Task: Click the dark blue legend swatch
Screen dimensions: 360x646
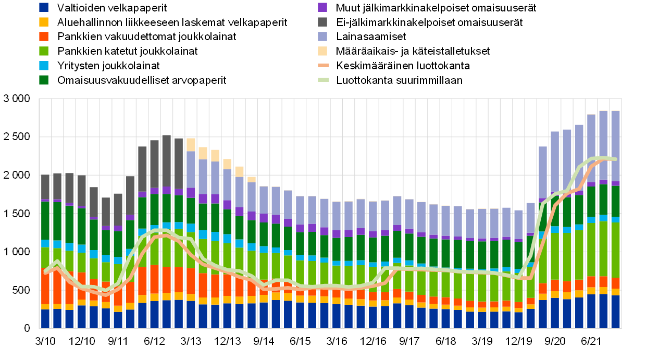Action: tap(44, 7)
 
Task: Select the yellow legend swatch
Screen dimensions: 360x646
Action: tap(44, 22)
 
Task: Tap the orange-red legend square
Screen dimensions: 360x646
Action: tap(44, 36)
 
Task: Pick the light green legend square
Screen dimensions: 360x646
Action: tap(44, 51)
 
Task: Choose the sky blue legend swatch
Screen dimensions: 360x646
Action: tap(44, 66)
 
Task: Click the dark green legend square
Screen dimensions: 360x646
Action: tap(44, 80)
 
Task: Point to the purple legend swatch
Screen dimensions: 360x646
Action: tap(322, 7)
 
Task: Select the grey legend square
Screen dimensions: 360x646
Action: tap(322, 22)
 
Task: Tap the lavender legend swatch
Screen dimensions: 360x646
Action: tap(322, 36)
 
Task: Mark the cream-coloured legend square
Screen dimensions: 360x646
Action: tap(322, 51)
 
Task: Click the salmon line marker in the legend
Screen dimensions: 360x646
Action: tap(323, 66)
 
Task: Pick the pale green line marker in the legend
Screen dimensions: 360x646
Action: tap(323, 80)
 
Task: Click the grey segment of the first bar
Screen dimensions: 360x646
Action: tap(45, 187)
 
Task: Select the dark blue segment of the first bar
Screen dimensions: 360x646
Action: tap(45, 318)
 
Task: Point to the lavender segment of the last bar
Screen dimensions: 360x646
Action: tap(615, 146)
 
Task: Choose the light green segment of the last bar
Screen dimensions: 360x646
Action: tap(615, 250)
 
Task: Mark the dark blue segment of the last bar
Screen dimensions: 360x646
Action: tap(615, 312)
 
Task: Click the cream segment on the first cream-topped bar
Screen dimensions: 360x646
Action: tap(191, 144)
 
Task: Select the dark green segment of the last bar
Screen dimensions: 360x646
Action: tap(615, 201)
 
